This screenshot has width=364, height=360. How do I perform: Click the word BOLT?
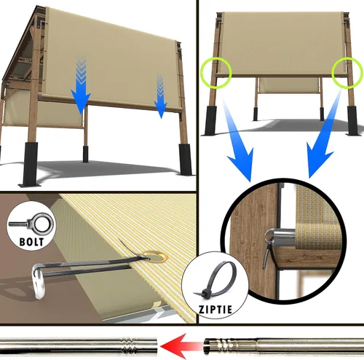pyautogui.click(x=31, y=242)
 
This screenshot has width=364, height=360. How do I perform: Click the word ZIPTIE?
pyautogui.click(x=215, y=310)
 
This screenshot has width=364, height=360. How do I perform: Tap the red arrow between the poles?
pyautogui.click(x=181, y=345)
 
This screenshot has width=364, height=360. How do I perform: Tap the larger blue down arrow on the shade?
pyautogui.click(x=81, y=85)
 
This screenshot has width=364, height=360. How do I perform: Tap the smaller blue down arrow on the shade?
pyautogui.click(x=160, y=96)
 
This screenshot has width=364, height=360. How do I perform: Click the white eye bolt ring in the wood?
pyautogui.click(x=39, y=282)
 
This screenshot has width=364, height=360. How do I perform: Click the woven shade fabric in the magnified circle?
pyautogui.click(x=318, y=219)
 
